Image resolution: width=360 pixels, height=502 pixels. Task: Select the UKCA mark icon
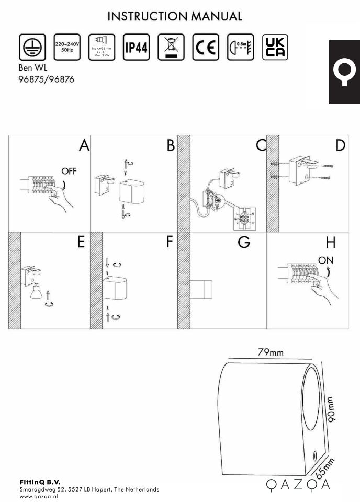(275, 48)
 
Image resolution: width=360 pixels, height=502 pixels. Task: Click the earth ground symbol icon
(32, 48)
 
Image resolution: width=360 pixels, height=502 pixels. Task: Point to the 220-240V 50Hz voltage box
(67, 48)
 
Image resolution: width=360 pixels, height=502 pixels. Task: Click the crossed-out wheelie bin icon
(171, 48)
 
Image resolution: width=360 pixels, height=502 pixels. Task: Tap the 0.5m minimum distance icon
(240, 48)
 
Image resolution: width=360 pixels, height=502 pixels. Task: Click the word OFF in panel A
(69, 171)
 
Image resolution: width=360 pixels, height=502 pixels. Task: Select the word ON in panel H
(325, 260)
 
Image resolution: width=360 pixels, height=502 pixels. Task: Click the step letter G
(244, 243)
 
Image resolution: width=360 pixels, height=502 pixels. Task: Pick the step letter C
(261, 146)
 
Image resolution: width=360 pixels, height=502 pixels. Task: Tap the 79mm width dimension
(271, 352)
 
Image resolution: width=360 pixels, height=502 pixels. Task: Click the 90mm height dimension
(331, 408)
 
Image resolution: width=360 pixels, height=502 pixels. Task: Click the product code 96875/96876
(46, 80)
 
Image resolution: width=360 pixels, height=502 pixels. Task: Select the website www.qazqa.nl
(39, 496)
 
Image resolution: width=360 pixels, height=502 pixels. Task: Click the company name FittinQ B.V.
(40, 481)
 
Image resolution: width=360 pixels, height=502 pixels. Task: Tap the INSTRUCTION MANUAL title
(175, 17)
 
